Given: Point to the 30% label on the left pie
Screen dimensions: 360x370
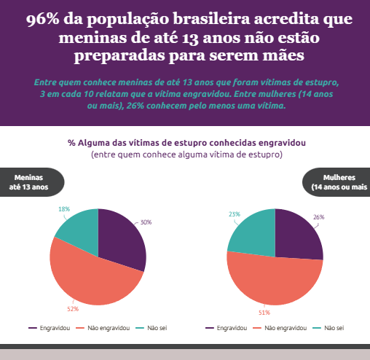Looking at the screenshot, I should click(146, 222).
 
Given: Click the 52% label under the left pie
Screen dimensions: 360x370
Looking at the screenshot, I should click(73, 309).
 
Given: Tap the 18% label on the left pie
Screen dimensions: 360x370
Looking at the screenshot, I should click(63, 210).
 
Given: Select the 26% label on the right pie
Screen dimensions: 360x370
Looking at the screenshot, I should click(318, 217).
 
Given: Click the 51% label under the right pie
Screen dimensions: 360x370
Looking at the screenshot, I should click(264, 313).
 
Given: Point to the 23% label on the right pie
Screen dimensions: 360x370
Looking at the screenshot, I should click(235, 214).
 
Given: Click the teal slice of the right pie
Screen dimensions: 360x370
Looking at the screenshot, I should click(251, 232).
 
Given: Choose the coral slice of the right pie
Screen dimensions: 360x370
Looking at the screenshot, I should click(273, 281).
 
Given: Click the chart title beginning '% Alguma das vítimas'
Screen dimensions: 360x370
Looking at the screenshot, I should click(186, 143).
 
